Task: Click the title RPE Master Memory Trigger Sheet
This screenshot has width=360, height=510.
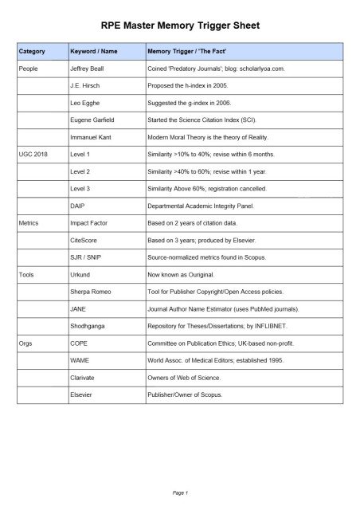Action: (x=180, y=26)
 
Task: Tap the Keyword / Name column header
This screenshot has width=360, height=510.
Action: (x=94, y=52)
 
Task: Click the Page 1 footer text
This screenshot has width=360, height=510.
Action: (x=180, y=493)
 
